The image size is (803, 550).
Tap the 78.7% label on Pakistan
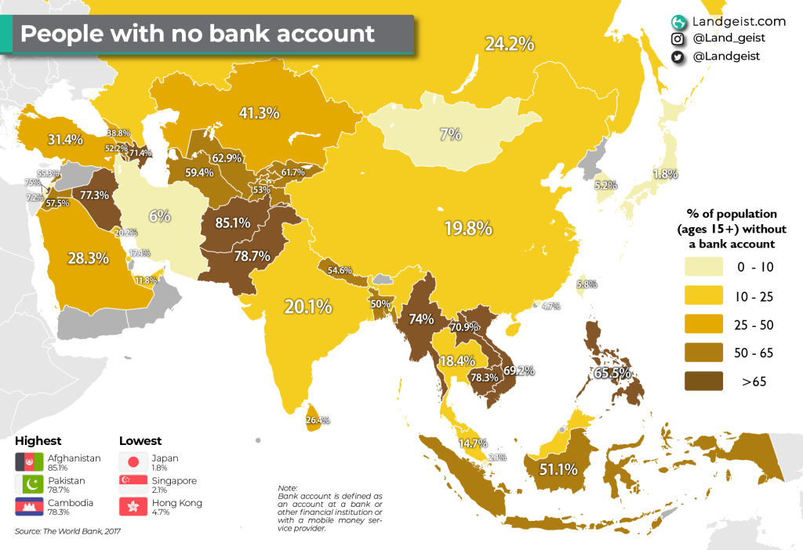[253, 255]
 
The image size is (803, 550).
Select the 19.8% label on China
[468, 229]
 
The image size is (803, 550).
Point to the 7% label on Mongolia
[450, 134]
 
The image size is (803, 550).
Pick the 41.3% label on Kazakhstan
[259, 113]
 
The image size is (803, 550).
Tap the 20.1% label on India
[308, 307]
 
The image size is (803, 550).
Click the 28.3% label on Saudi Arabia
[87, 258]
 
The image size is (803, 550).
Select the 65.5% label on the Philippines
[612, 374]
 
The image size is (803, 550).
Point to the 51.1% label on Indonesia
[558, 470]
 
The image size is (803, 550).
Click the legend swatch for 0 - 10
[705, 267]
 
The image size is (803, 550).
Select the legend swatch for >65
[705, 382]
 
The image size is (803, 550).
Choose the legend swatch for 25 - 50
[705, 324]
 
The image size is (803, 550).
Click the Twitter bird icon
[677, 56]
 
